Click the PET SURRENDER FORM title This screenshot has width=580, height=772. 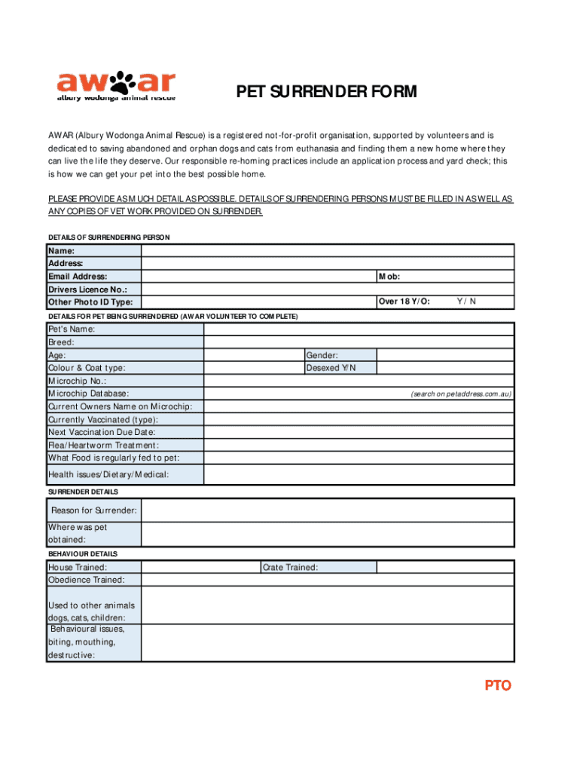pos(326,93)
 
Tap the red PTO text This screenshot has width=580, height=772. pos(497,685)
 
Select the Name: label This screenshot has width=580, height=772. pos(62,251)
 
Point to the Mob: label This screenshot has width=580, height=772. pos(389,277)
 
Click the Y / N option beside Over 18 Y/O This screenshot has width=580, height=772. pos(466,302)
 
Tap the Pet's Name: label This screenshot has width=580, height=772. pos(72,329)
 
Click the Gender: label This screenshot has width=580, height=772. pos(322,355)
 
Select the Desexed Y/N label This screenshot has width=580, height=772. pos(330,368)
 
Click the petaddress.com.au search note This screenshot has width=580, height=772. pos(461,394)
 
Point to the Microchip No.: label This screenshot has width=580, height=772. pos(77,381)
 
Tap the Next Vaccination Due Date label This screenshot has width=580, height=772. pos(102,432)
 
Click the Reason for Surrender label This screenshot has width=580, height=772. pos(93,511)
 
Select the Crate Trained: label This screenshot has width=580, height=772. pos(290,567)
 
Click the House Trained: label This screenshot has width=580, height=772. pos(78,567)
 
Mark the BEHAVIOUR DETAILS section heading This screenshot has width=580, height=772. pos(83,554)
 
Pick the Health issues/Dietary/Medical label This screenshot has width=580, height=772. pos(108,474)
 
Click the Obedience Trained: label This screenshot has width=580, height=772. pos(87,580)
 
